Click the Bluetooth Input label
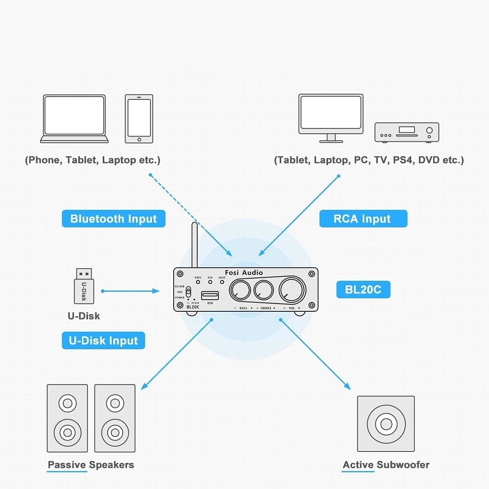[x=113, y=219]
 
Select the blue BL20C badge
[x=363, y=290]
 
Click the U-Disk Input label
[x=104, y=341]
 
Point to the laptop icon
[x=74, y=119]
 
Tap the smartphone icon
[x=139, y=119]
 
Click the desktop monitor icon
[x=331, y=117]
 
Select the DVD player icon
[x=407, y=132]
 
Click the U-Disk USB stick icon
[x=84, y=286]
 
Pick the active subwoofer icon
[x=386, y=424]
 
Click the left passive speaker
[x=68, y=418]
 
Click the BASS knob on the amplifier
[x=240, y=291]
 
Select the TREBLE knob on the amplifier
[x=264, y=290]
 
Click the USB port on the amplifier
[x=210, y=295]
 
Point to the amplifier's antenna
[x=194, y=244]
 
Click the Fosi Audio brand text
[x=244, y=273]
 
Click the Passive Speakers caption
[x=91, y=465]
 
